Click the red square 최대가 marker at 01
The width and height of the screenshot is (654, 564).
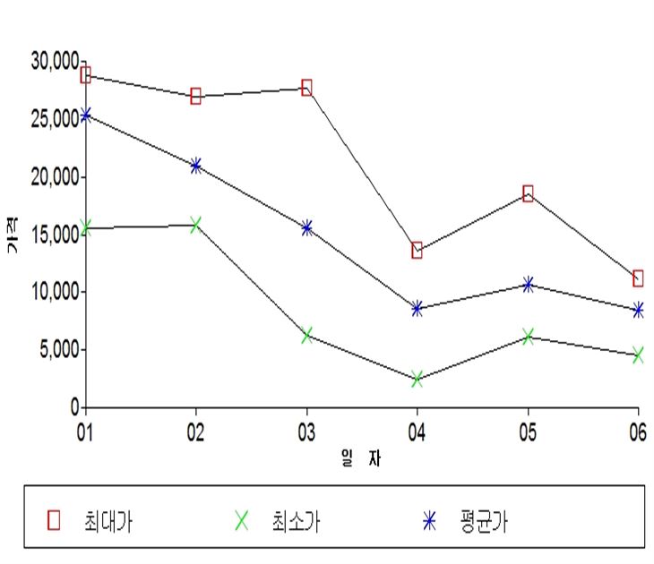click(x=85, y=74)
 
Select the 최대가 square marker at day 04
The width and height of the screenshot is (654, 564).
click(x=417, y=250)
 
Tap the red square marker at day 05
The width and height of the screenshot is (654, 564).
click(x=528, y=193)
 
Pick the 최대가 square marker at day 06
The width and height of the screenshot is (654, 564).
click(x=638, y=278)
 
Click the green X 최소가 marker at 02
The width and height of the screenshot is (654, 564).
click(x=196, y=224)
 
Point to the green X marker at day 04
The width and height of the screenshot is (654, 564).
click(x=417, y=379)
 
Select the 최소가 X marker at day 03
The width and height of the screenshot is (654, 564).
click(x=306, y=335)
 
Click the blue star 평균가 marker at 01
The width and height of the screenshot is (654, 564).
click(x=85, y=115)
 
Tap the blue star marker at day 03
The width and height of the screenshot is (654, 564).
click(x=306, y=228)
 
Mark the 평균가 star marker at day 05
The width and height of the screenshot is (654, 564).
click(x=528, y=284)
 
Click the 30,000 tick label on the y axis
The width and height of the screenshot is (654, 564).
click(x=55, y=62)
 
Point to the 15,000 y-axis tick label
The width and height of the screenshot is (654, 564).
click(x=55, y=235)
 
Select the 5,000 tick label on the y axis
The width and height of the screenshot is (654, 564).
click(x=58, y=349)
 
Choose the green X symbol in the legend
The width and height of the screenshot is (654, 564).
click(x=242, y=518)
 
